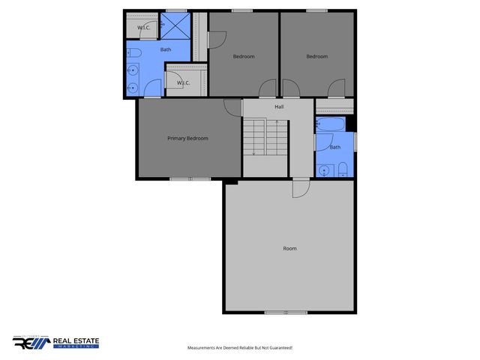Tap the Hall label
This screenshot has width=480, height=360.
[x=279, y=107]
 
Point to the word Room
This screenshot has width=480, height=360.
[x=289, y=248]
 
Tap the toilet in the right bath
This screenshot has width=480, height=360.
[x=342, y=167]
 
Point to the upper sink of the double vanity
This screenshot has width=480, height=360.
[x=131, y=70]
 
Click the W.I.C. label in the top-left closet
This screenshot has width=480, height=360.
[x=145, y=28]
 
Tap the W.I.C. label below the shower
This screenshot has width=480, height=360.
[x=184, y=82]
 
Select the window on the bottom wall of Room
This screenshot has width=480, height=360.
[x=286, y=312]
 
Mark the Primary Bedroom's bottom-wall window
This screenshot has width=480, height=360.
[x=190, y=178]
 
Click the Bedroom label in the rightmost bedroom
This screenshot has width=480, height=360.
[x=317, y=57]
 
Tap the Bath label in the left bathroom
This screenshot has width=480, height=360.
[x=165, y=49]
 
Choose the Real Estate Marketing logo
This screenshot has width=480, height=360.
[x=55, y=343]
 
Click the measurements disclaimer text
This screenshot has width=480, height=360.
[x=239, y=348]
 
